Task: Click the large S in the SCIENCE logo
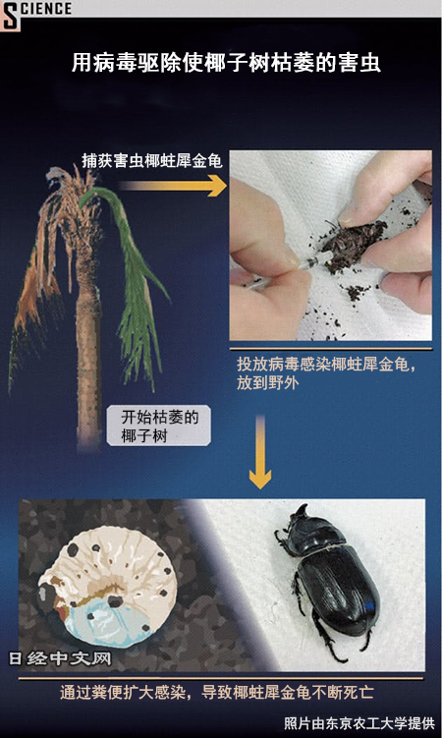(11, 16)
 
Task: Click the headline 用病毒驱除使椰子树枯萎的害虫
(226, 63)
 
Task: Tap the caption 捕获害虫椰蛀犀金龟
(152, 161)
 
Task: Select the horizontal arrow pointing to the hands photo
(173, 186)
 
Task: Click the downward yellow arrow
(260, 452)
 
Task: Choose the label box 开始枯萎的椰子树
(159, 426)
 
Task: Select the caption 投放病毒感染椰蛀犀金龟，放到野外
(326, 373)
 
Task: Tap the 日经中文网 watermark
(60, 658)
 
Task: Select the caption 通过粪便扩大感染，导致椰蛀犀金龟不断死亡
(217, 693)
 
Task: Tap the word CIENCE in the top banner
(46, 9)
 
